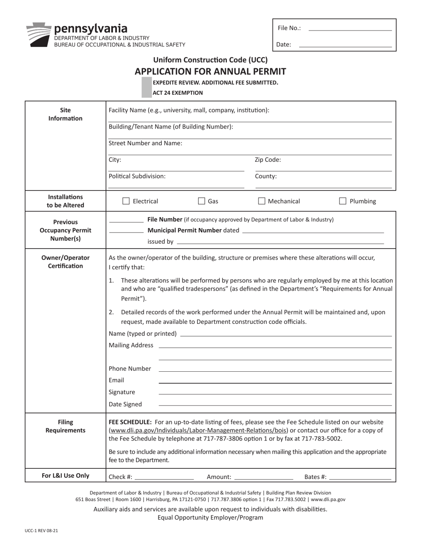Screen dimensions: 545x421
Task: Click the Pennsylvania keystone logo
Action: pyautogui.click(x=39, y=35)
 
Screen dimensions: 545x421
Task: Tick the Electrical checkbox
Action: pyautogui.click(x=126, y=201)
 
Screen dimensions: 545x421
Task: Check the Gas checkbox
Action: pyautogui.click(x=202, y=201)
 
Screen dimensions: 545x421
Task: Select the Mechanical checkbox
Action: pyautogui.click(x=261, y=201)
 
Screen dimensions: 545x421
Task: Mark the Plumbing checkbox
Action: pyautogui.click(x=343, y=201)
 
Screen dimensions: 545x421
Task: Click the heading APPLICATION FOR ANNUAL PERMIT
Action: pyautogui.click(x=210, y=71)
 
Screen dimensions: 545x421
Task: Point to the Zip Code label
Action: pyautogui.click(x=268, y=160)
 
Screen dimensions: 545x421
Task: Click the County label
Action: pyautogui.click(x=266, y=176)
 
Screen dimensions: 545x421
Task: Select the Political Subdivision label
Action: pyautogui.click(x=137, y=176)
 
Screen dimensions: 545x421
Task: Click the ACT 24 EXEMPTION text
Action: pyautogui.click(x=178, y=93)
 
